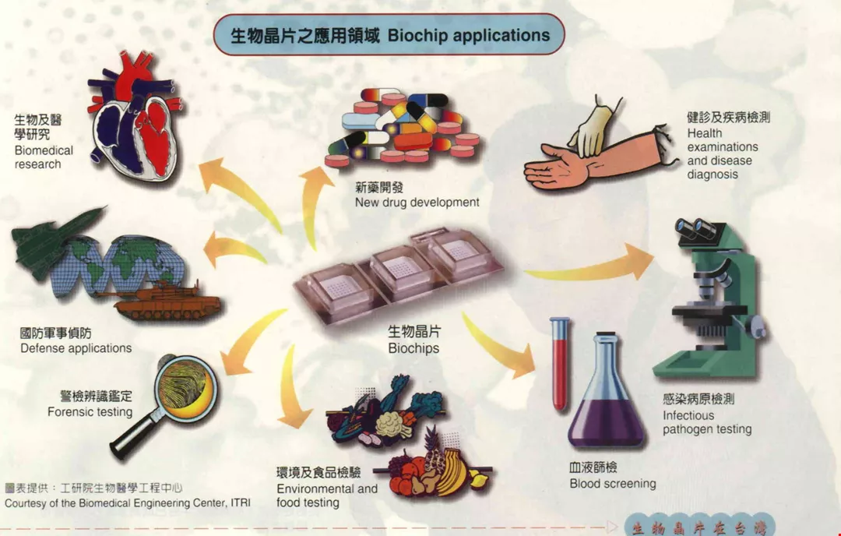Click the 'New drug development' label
(x=417, y=203)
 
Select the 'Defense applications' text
(x=76, y=348)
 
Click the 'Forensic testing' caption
(x=90, y=412)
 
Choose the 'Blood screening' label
(x=612, y=484)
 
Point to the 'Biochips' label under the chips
(x=413, y=348)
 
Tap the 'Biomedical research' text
(x=44, y=157)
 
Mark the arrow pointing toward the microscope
(x=592, y=264)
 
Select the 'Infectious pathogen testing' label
(x=707, y=422)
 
